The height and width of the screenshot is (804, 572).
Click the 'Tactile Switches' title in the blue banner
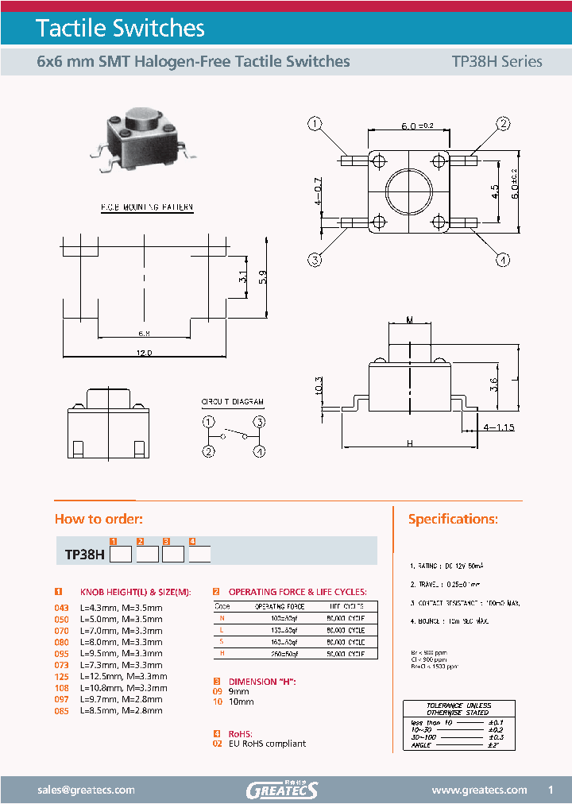point(121,29)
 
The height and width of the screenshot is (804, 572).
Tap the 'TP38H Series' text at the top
point(497,61)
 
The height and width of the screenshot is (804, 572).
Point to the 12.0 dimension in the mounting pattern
point(144,352)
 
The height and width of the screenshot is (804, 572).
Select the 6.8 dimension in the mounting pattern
point(144,332)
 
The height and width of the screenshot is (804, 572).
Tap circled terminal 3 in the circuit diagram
point(258,421)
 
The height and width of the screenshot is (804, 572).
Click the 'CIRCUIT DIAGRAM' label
point(232,403)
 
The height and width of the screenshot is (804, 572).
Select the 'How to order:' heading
point(99,519)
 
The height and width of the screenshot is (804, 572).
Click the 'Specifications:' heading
point(453,519)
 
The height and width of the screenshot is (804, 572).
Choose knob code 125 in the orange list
point(61,676)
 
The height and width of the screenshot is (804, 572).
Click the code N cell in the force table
point(222,617)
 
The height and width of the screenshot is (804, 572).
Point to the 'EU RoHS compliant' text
point(267,744)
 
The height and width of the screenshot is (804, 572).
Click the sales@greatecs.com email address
point(87,790)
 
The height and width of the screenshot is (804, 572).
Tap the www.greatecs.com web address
point(479,790)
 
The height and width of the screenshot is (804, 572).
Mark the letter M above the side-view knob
point(410,320)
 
